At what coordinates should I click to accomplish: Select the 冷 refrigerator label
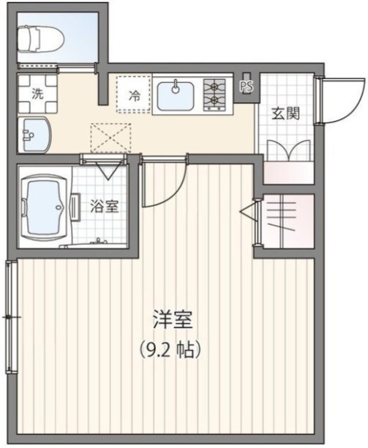pyautogui.click(x=135, y=94)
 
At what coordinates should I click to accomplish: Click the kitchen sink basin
pyautogui.click(x=175, y=94)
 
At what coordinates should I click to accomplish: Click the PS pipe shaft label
pyautogui.click(x=246, y=85)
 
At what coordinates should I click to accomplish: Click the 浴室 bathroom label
pyautogui.click(x=104, y=206)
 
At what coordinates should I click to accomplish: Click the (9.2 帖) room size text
pyautogui.click(x=170, y=349)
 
